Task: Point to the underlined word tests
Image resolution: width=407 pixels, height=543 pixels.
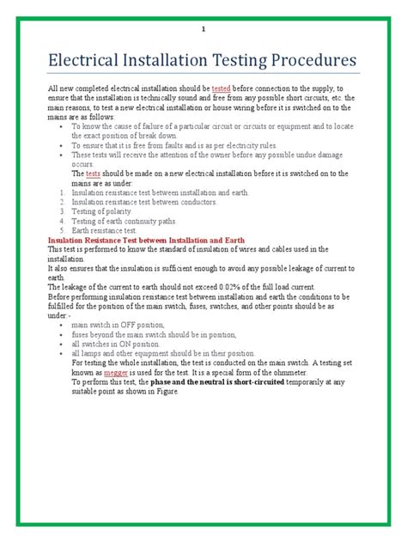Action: click(x=94, y=173)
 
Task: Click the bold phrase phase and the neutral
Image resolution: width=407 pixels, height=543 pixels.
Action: click(x=203, y=383)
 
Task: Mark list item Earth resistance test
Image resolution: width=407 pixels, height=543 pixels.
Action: click(x=104, y=230)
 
